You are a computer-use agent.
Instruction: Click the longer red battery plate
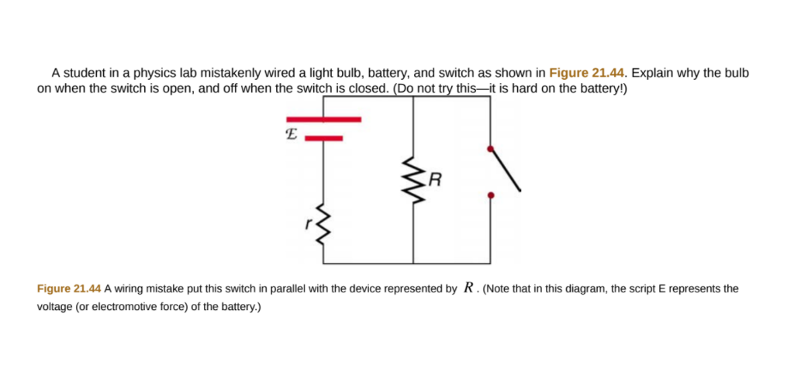click(323, 119)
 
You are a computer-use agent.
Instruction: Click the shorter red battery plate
click(323, 139)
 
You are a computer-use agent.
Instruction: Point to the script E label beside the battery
click(291, 133)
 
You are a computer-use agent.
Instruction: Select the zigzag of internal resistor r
click(321, 225)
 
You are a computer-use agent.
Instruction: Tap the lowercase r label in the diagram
click(308, 225)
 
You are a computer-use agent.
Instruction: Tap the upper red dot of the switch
click(489, 148)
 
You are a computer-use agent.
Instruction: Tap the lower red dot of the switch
click(489, 196)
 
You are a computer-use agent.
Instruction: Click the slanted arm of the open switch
click(505, 168)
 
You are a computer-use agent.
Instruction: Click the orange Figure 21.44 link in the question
click(587, 73)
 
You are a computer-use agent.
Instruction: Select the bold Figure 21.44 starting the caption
click(69, 288)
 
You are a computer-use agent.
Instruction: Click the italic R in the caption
click(468, 288)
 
